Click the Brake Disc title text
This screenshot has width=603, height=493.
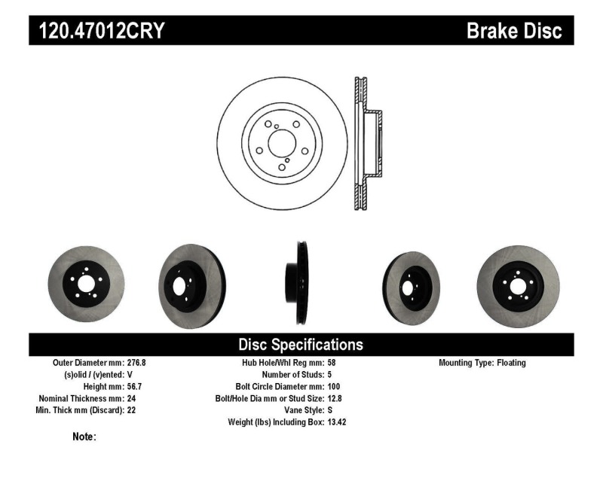tap(514, 31)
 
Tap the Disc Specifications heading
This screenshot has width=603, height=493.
tap(301, 345)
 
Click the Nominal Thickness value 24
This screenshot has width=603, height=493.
tap(131, 398)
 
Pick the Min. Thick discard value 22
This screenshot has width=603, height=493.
tap(131, 410)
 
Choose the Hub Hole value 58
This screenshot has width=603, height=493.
tap(332, 363)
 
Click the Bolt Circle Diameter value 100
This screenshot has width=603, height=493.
tap(335, 386)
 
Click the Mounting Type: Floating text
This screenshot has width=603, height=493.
tap(482, 363)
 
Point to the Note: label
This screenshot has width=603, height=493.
tap(84, 437)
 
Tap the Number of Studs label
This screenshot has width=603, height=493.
tap(293, 374)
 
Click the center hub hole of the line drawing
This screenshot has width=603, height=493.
tap(283, 143)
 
